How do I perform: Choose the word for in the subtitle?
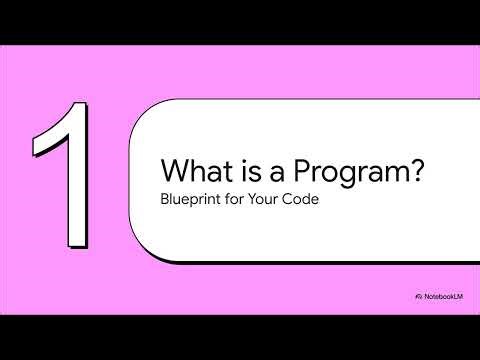(x=240, y=198)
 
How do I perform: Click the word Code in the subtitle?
(x=310, y=198)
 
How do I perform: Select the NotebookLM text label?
(x=447, y=299)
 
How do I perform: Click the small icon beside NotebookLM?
(x=418, y=299)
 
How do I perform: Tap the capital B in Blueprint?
(x=165, y=198)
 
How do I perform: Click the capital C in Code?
(x=298, y=198)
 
